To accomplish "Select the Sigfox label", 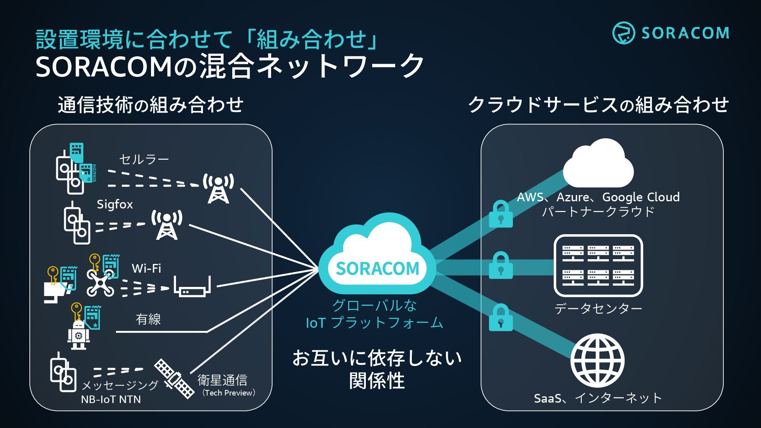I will click(x=115, y=204).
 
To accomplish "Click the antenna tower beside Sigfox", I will click(x=167, y=225).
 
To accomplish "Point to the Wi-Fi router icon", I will click(x=193, y=287).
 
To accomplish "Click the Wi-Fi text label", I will click(x=146, y=268).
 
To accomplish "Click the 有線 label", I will click(x=148, y=319).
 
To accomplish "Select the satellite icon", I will click(x=174, y=378).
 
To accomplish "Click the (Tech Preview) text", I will click(x=229, y=393).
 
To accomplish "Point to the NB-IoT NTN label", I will click(x=111, y=399).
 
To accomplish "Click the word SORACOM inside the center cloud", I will click(x=377, y=269).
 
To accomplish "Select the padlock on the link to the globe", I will click(x=501, y=318).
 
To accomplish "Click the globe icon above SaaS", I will click(x=597, y=361).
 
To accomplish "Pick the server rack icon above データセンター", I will click(x=598, y=266).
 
